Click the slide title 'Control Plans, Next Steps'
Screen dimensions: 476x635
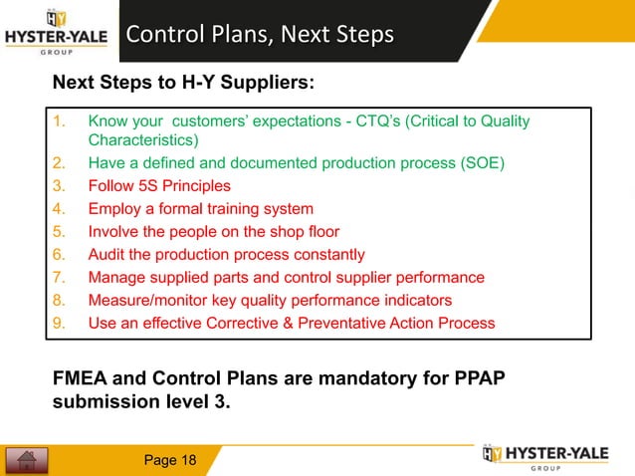260,35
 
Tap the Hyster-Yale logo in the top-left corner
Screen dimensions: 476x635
58,31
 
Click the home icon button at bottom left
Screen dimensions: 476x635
27,460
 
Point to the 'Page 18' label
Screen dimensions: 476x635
170,459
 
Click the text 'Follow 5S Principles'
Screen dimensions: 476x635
159,185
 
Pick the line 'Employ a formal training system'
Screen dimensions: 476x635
200,208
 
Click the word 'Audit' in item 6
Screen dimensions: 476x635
106,254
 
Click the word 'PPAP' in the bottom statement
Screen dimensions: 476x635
479,384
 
